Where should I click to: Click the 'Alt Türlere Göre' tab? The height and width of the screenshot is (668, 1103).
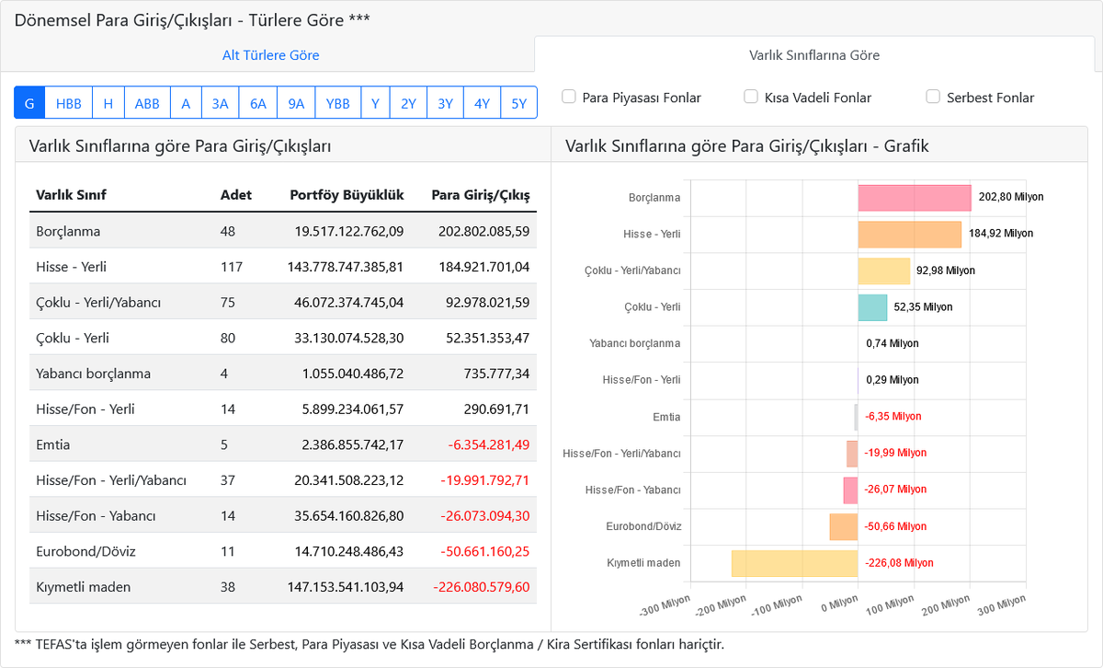270,54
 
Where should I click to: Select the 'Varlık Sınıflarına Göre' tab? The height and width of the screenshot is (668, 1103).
814,54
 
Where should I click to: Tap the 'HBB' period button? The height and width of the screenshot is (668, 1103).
68,103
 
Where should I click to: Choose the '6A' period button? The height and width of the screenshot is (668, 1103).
258,103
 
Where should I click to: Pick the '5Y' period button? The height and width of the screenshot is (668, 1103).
519,103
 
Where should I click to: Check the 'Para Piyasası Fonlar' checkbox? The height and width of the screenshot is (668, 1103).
569,97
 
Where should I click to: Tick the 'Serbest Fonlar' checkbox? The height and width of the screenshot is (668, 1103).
933,97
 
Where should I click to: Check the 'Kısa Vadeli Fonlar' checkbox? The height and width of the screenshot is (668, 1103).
750,97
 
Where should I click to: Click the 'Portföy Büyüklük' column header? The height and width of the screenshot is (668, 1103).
347,195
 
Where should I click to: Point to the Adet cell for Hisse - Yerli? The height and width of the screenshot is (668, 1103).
232,267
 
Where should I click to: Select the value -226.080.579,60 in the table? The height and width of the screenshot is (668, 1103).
482,587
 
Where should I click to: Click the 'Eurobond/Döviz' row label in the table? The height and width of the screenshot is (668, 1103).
85,551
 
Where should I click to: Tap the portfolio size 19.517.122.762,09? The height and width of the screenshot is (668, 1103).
349,231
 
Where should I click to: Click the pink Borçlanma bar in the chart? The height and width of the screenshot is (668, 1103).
915,198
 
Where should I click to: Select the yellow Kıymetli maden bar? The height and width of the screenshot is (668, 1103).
795,563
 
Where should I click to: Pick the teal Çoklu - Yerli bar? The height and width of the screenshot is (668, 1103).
872,307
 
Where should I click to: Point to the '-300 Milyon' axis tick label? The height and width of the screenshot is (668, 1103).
665,605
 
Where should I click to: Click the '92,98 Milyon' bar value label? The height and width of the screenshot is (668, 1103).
946,271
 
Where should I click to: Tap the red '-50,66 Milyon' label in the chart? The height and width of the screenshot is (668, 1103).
895,526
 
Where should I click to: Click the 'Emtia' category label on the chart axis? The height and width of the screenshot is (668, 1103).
666,417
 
